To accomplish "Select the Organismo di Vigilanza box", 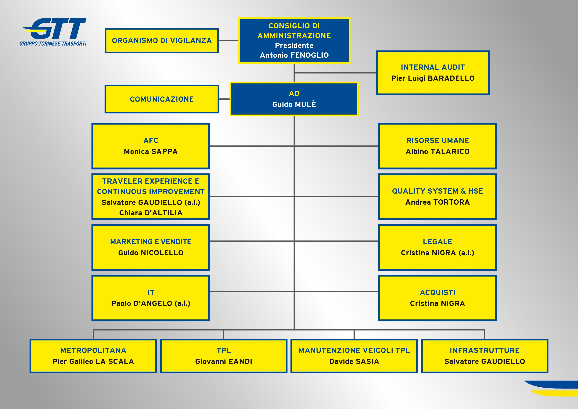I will (162, 41).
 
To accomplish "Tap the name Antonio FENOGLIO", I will (294, 55).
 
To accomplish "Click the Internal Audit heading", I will (433, 67).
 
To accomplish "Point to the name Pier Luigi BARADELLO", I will (433, 78).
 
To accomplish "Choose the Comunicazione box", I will (162, 99).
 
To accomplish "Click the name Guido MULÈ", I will (294, 104).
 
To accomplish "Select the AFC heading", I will (151, 140).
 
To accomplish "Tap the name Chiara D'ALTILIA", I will (151, 213).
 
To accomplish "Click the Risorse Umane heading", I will (437, 140).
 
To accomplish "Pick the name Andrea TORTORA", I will (437, 202).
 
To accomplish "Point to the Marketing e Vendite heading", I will (151, 242).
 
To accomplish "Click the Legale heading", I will (437, 242).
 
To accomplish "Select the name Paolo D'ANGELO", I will (151, 303).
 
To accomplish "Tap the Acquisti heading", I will (437, 292).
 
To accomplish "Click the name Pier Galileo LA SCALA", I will (93, 361).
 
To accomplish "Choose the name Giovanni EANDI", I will (224, 361).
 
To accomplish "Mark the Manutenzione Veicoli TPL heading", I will (354, 350).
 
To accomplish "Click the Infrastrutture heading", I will (485, 350).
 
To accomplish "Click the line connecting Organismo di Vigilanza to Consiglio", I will (228, 41).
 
